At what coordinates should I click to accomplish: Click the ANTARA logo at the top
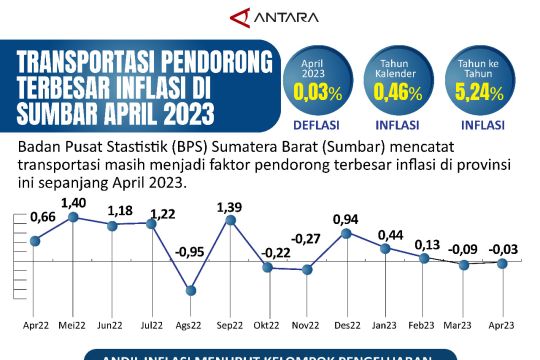(270, 17)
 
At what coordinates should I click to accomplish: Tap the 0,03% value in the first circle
(313, 92)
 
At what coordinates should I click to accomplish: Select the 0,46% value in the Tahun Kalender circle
(394, 92)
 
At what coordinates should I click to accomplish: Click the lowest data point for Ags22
(190, 291)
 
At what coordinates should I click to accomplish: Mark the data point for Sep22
(230, 219)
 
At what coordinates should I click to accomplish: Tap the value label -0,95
(190, 252)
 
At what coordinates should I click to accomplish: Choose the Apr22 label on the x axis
(35, 326)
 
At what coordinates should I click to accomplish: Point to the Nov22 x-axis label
(307, 326)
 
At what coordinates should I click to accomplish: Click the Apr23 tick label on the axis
(502, 326)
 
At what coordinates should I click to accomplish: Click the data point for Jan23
(386, 248)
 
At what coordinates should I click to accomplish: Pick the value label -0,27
(307, 238)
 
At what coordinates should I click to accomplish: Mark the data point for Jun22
(112, 225)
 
